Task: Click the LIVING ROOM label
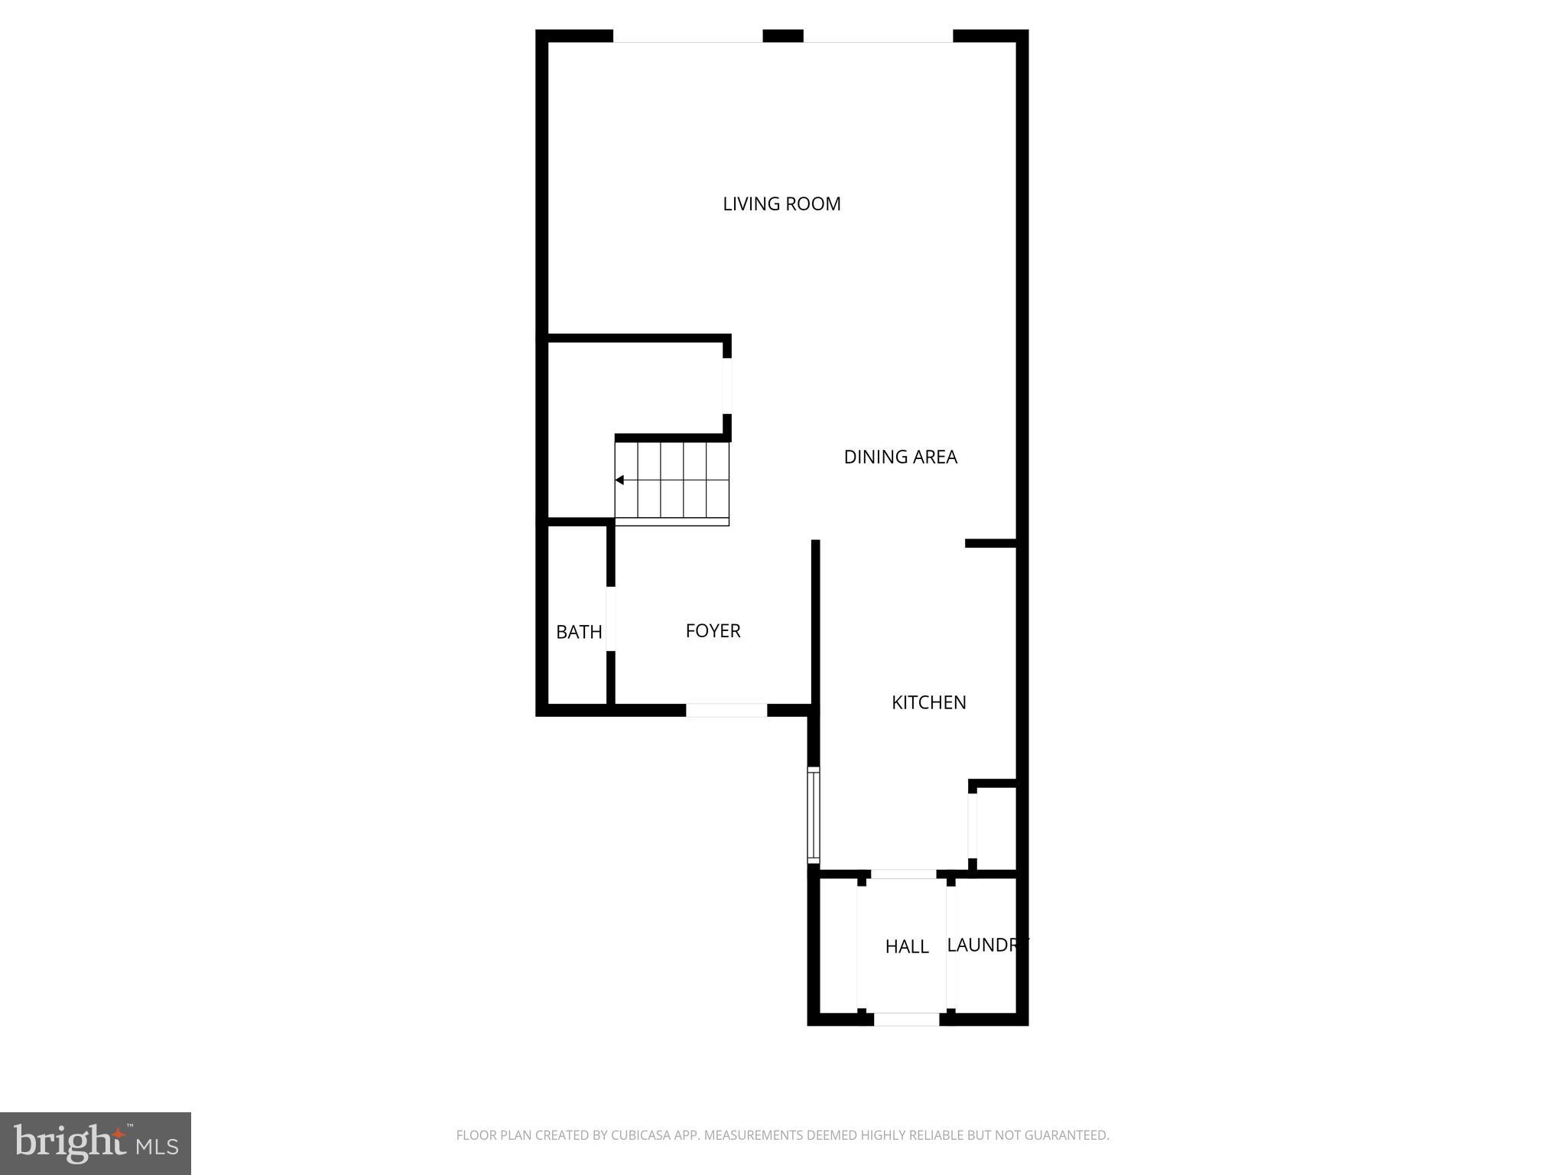781,203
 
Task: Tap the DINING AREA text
900,457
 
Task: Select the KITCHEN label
928,702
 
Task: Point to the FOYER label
713,630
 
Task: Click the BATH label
579,632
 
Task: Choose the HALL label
907,946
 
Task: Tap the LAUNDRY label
986,945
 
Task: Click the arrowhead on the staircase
620,480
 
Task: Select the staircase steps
673,480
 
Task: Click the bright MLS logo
96,1143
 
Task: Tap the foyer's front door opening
726,710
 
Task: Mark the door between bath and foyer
611,618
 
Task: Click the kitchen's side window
814,815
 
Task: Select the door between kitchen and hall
903,874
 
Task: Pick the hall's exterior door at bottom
906,1019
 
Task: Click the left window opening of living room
687,36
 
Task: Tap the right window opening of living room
878,36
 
